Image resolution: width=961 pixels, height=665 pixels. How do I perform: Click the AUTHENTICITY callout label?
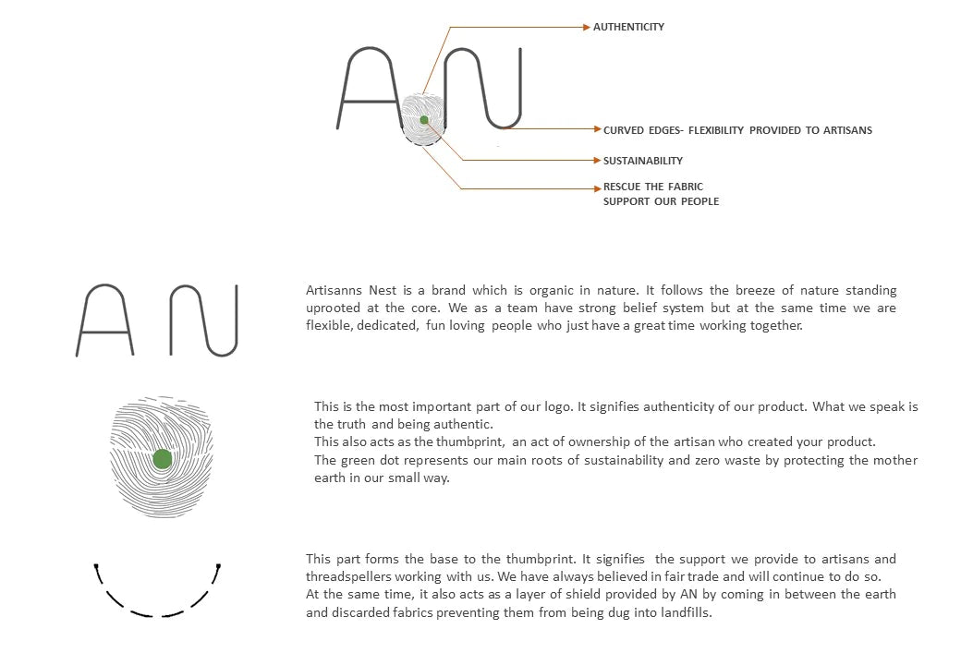628,27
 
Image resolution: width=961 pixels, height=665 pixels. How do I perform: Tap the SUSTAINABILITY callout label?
643,161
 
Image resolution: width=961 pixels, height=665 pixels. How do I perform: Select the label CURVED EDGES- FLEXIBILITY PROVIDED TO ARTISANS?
737,130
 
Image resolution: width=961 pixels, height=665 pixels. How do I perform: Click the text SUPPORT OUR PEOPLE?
661,201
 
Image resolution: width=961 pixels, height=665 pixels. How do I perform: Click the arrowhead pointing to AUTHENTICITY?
586,28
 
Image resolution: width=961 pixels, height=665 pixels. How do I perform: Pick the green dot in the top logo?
424,120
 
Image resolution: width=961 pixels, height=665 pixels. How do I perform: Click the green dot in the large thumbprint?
163,459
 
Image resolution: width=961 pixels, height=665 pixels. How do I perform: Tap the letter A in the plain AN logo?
104,320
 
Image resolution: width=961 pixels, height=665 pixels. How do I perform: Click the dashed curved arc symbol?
157,591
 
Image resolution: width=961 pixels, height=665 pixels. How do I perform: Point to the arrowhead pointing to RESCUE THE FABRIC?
596,188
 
